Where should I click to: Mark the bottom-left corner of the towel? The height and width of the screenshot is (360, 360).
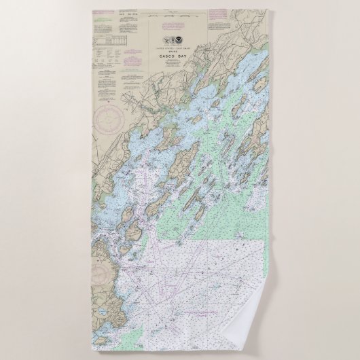[x=92, y=349]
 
